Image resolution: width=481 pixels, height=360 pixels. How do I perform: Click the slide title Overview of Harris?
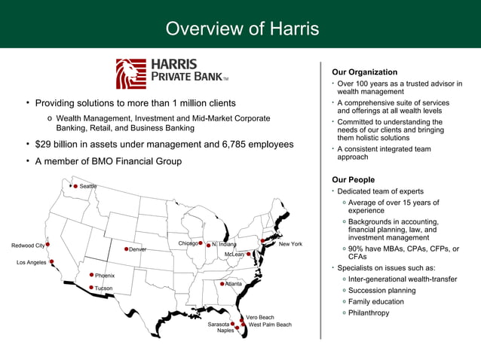tap(242, 29)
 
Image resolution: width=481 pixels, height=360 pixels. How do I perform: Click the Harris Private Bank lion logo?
tap(130, 74)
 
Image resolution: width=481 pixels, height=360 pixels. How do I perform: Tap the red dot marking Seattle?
tap(75, 186)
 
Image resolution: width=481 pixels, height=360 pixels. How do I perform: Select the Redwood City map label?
tap(28, 246)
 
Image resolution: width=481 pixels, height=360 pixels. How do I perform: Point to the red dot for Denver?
tap(126, 249)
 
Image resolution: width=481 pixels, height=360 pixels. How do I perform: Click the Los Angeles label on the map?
tap(32, 262)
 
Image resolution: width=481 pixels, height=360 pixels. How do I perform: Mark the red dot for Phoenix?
tap(91, 275)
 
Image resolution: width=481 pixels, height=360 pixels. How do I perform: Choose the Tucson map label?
tap(103, 288)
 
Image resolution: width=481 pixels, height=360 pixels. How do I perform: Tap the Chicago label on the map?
tap(188, 243)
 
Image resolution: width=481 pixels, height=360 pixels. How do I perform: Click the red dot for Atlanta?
tap(220, 283)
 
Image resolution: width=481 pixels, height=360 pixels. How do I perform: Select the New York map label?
tap(290, 244)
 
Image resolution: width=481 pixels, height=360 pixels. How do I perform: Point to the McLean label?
tap(234, 255)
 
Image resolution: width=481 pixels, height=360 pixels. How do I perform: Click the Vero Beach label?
tap(260, 317)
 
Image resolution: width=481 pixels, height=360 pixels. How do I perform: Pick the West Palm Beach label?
tap(270, 325)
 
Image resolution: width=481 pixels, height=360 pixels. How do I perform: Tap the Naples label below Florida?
tap(225, 331)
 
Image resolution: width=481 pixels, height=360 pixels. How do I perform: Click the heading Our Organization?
tap(364, 72)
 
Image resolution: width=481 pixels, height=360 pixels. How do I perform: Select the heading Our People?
tap(353, 180)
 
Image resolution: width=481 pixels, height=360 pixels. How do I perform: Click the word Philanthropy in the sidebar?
tap(369, 313)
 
